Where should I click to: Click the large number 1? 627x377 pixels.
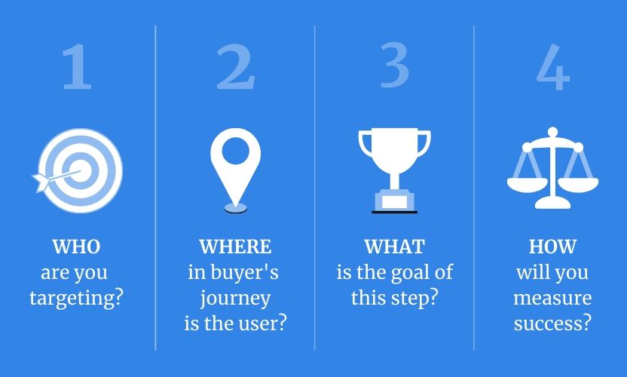pos(77,66)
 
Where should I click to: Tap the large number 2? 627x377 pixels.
pos(236,66)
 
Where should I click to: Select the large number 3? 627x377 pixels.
pos(394,66)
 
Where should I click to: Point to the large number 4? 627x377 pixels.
pos(553,67)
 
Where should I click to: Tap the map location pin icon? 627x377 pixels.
pos(236,170)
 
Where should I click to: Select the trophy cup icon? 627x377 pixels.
pos(395,170)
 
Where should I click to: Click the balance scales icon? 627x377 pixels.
pos(552,168)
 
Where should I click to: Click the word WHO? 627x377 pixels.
pos(76,247)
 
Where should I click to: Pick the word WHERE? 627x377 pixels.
pos(235,247)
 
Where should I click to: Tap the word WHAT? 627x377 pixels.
pos(394,247)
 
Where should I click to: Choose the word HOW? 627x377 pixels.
pos(552,247)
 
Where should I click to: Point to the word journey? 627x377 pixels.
pos(235,299)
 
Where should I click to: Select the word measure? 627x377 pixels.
pos(552,298)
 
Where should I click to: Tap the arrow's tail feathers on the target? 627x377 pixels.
pos(41,182)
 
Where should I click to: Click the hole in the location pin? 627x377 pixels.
pos(236,151)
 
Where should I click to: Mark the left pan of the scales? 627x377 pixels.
pos(527,185)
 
